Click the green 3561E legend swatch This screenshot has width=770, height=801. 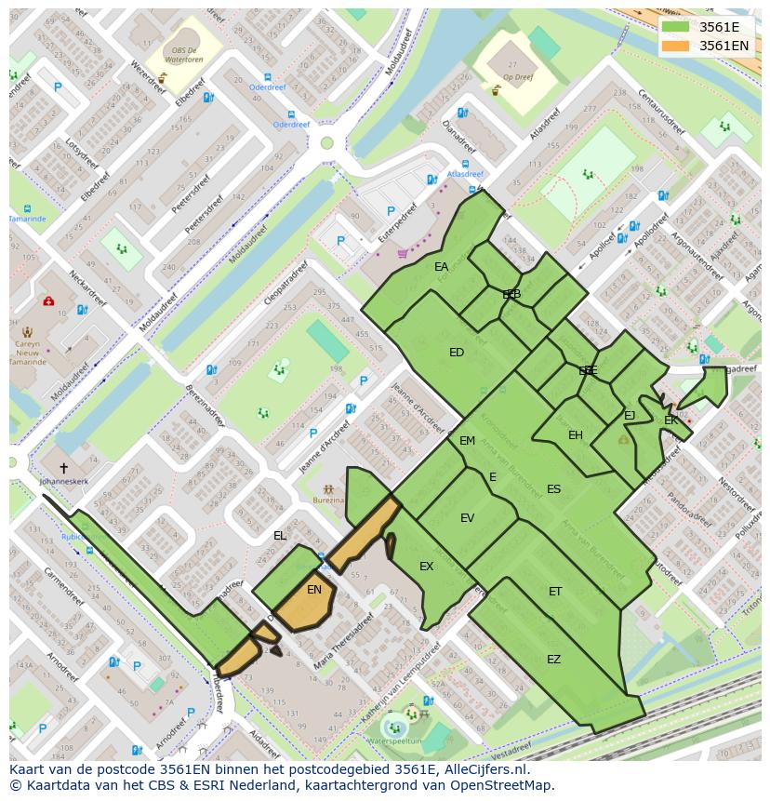coord(676,26)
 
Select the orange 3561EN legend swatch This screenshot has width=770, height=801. coord(676,45)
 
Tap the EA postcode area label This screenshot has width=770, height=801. coord(441,267)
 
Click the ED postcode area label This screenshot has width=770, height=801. coord(456,353)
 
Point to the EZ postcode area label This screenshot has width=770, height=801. coord(553,660)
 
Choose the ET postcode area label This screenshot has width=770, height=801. coord(555,592)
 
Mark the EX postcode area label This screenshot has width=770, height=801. coord(426,567)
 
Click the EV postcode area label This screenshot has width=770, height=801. coord(467,518)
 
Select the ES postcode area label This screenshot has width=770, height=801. coord(553,489)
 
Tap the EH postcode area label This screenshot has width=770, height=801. coord(576,435)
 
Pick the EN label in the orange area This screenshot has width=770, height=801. coord(314,590)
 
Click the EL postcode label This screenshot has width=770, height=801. coord(280,536)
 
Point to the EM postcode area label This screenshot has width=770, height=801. coord(467,441)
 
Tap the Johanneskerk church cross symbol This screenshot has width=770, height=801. coord(63,468)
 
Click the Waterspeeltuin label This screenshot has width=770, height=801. coord(394,741)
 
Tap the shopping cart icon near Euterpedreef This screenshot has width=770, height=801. coord(402,252)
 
